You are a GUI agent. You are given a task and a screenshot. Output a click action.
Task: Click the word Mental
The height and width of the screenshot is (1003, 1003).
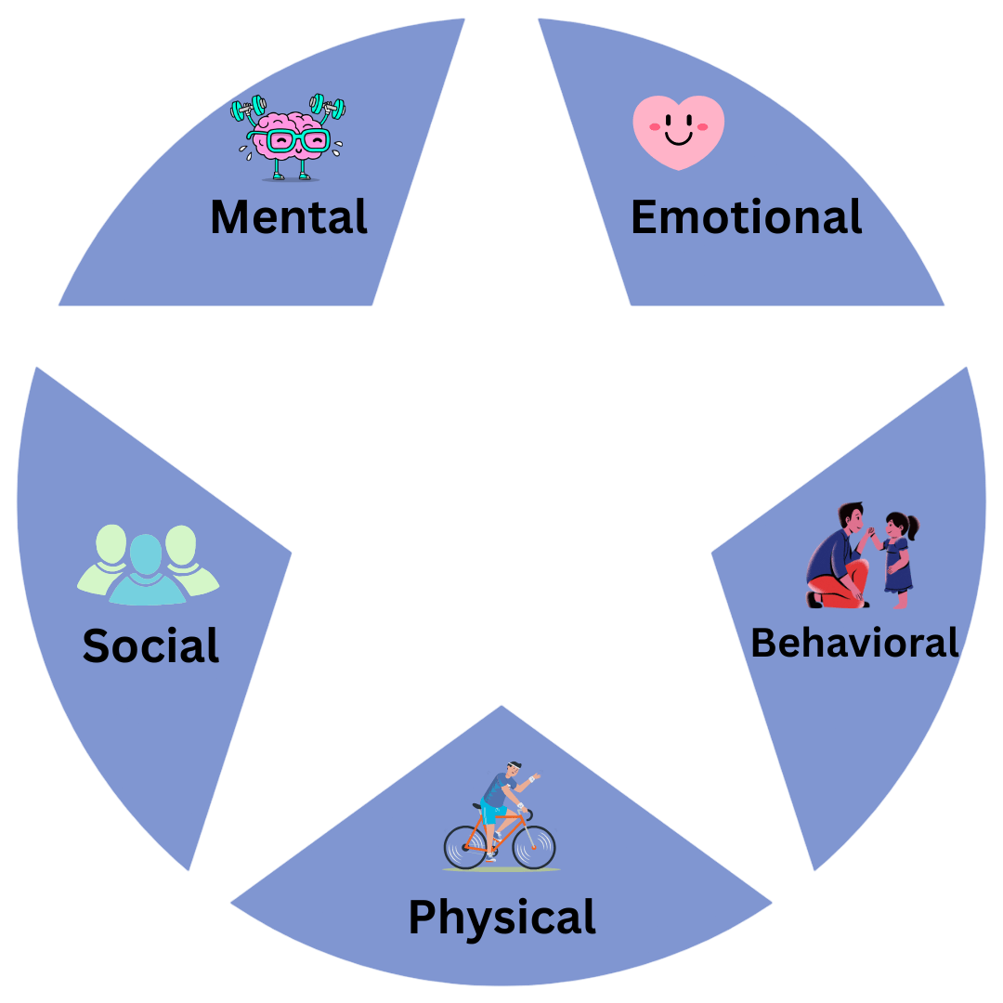[289, 217]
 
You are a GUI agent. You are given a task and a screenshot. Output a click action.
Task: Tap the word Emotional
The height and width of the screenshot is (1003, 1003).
[746, 217]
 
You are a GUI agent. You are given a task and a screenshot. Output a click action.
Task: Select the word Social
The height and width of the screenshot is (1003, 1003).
[150, 645]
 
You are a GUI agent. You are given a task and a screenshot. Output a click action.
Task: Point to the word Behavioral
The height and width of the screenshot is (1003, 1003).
[853, 643]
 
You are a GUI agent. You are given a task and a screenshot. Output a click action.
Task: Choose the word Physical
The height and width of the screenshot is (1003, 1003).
[501, 917]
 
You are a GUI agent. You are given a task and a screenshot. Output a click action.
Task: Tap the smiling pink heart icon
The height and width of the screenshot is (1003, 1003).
[678, 132]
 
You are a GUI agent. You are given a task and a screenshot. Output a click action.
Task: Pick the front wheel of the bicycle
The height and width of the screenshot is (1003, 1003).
[533, 846]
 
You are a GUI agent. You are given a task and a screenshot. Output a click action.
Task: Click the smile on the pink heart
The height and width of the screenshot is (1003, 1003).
[678, 139]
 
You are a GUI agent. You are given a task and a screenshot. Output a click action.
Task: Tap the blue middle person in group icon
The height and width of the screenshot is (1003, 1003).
[146, 571]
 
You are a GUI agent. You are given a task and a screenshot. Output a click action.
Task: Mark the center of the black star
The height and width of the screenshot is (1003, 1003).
[501, 501]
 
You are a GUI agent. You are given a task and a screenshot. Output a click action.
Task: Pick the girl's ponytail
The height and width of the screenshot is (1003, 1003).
[914, 528]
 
